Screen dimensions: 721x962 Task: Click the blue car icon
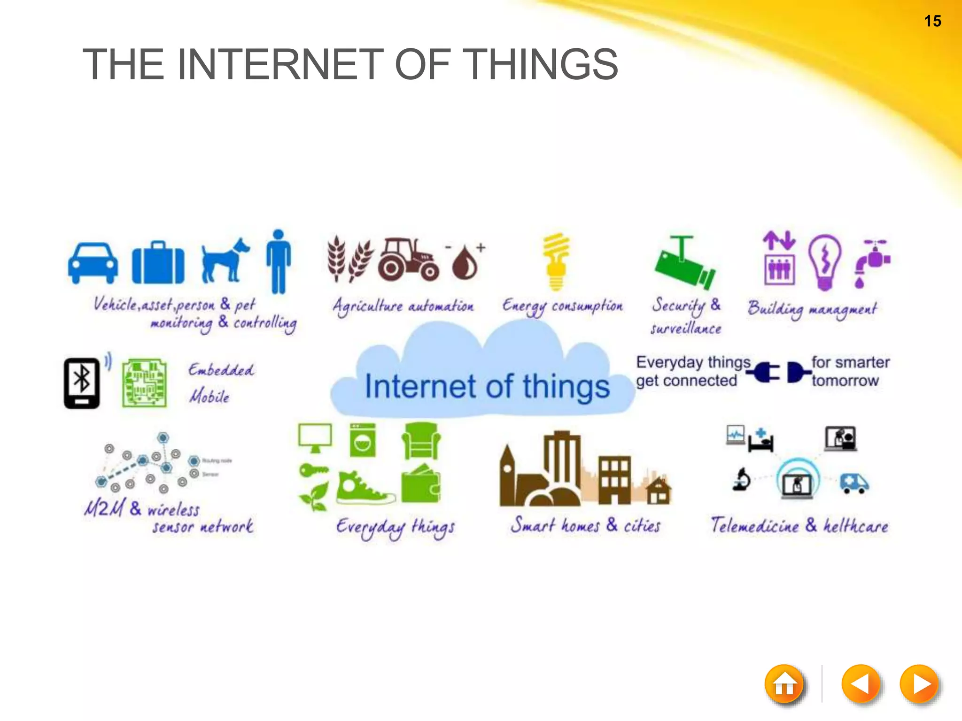pyautogui.click(x=93, y=263)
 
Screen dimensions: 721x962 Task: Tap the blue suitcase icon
pyautogui.click(x=158, y=263)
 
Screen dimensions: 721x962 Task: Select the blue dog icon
pyautogui.click(x=225, y=261)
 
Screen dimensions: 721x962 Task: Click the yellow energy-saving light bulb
pyautogui.click(x=556, y=261)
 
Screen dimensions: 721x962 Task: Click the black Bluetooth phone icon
pyautogui.click(x=82, y=383)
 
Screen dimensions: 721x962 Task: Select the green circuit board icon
pyautogui.click(x=145, y=383)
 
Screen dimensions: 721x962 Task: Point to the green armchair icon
pyautogui.click(x=421, y=441)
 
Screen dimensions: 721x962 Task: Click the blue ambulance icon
pyautogui.click(x=854, y=483)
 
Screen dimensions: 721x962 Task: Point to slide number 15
pyautogui.click(x=932, y=21)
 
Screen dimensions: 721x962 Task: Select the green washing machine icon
pyautogui.click(x=363, y=440)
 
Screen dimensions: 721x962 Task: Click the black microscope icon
pyautogui.click(x=742, y=480)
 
